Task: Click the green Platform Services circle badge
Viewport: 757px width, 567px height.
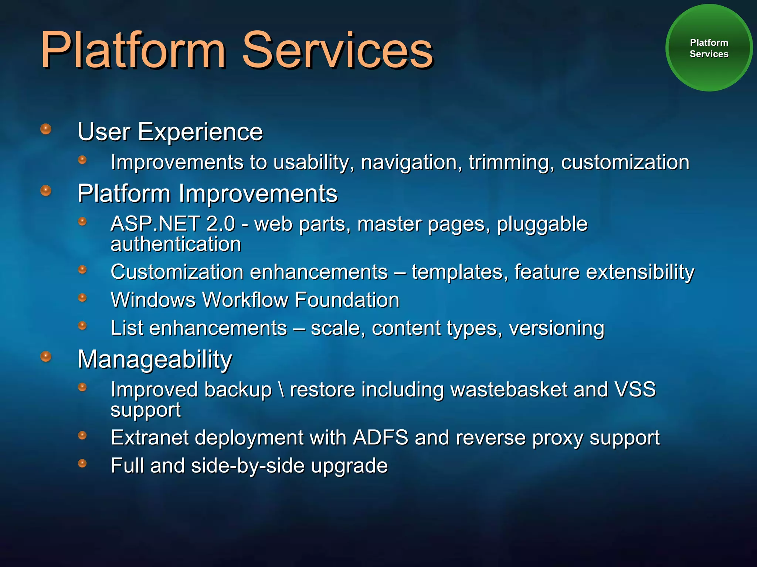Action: click(x=709, y=48)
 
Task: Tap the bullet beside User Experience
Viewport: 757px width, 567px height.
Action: click(x=45, y=129)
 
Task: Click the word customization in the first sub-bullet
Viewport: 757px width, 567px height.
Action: click(x=625, y=162)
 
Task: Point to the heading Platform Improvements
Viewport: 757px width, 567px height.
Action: click(x=207, y=193)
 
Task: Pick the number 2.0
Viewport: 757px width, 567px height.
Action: click(x=220, y=224)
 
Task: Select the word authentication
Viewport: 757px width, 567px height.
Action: click(x=176, y=244)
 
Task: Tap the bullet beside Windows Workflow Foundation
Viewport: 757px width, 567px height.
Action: click(x=82, y=298)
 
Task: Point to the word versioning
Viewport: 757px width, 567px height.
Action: click(x=556, y=328)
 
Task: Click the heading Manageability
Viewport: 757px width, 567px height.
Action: click(x=155, y=359)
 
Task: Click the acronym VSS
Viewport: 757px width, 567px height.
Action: click(x=635, y=389)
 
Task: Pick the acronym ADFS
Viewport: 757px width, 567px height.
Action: click(x=380, y=438)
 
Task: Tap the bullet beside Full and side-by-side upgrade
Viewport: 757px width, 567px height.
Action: click(x=82, y=463)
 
